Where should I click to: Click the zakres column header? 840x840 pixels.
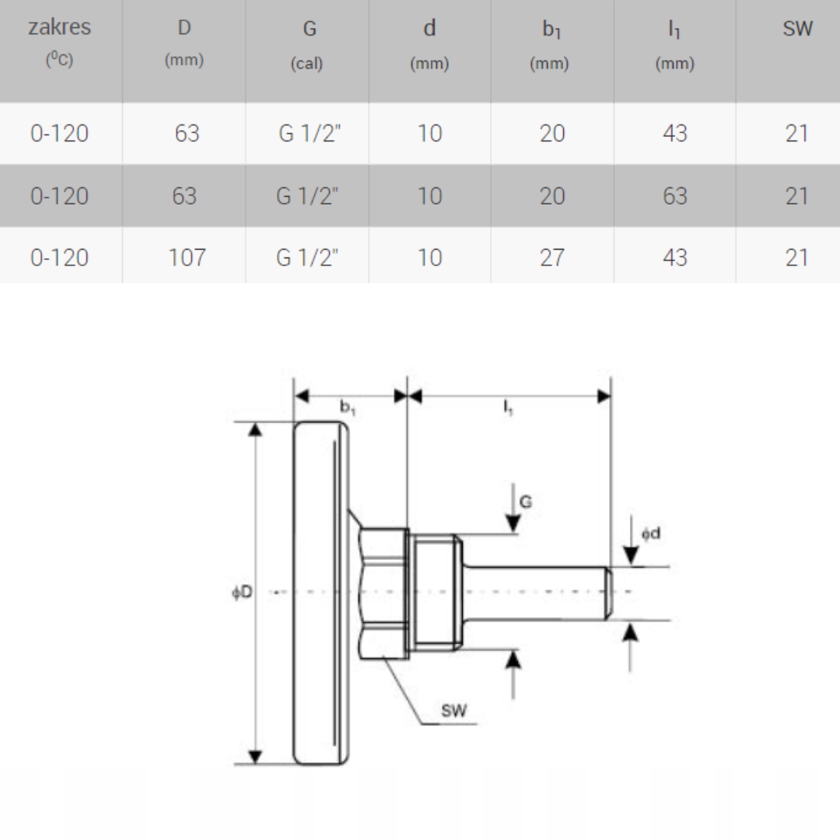59,42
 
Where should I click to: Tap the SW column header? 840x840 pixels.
798,29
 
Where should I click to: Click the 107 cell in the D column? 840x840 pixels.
187,257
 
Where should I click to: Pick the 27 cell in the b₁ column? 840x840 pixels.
551,257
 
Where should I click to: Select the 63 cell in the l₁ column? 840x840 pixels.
674,196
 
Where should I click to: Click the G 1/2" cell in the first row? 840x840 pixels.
310,133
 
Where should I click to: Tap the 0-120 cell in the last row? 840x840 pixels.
59,257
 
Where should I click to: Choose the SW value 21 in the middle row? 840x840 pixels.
796,196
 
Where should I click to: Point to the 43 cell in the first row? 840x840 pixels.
674,133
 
